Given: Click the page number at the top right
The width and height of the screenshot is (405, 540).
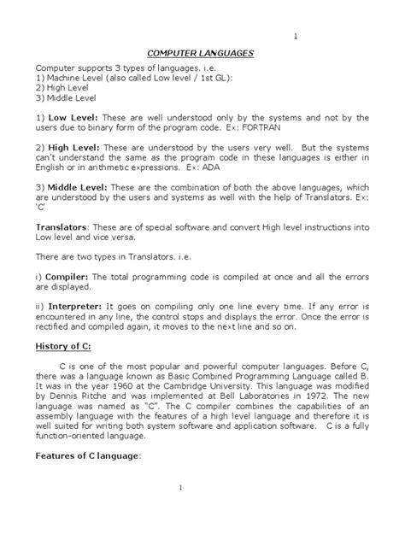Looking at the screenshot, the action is point(295,37).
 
